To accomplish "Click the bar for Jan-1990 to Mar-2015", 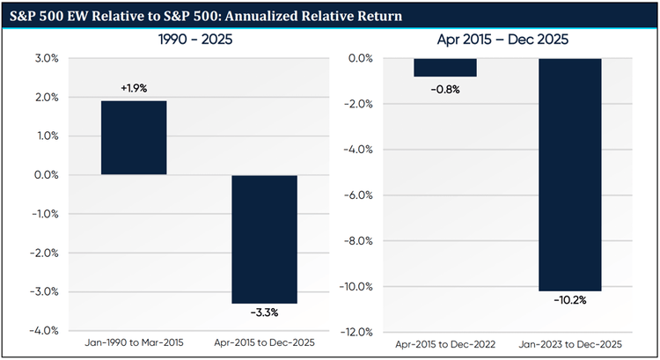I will click(134, 138).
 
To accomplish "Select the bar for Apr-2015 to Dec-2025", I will click(265, 239).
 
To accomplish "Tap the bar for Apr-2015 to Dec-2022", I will click(444, 68).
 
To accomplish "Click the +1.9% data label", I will click(134, 89).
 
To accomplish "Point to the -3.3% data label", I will click(265, 312).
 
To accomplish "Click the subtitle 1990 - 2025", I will click(197, 40).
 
